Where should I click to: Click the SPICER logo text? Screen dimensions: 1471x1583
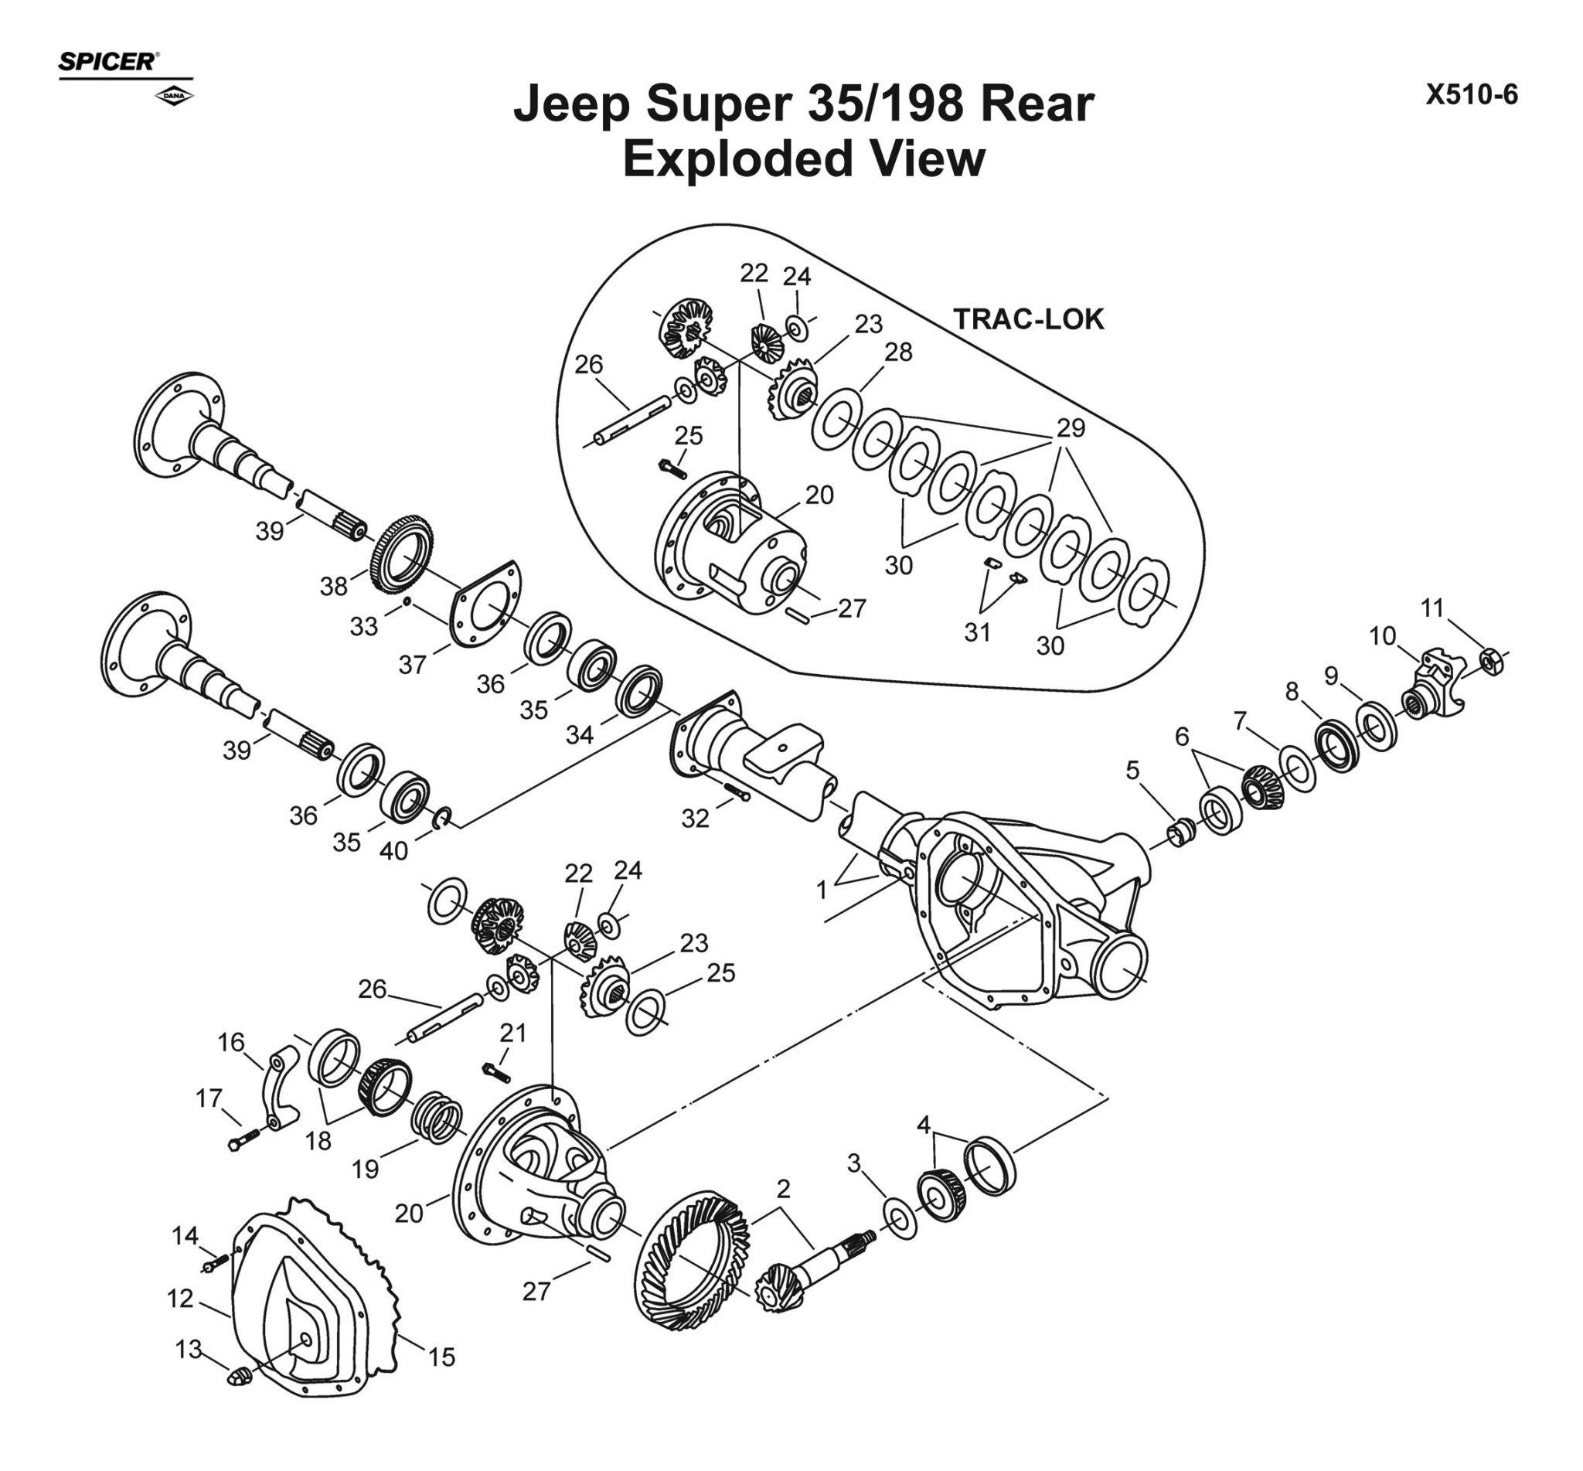[108, 62]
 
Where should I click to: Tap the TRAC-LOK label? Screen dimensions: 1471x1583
[1028, 319]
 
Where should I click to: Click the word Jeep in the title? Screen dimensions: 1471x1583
[570, 104]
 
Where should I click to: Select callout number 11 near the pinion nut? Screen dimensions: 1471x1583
[1432, 608]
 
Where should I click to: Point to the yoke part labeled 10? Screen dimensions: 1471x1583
[1432, 683]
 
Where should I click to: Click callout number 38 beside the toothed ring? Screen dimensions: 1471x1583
[333, 586]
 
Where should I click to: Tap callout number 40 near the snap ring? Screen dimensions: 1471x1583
[393, 851]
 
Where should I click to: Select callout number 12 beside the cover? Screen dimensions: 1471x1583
[180, 1299]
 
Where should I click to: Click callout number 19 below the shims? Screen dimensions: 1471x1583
[366, 1169]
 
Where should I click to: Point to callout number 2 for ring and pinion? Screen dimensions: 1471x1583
[783, 1189]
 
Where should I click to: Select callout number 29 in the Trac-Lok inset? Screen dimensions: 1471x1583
[1071, 427]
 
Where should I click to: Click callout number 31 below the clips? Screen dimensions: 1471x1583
[977, 632]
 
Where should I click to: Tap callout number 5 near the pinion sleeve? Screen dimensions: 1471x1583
[1132, 770]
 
